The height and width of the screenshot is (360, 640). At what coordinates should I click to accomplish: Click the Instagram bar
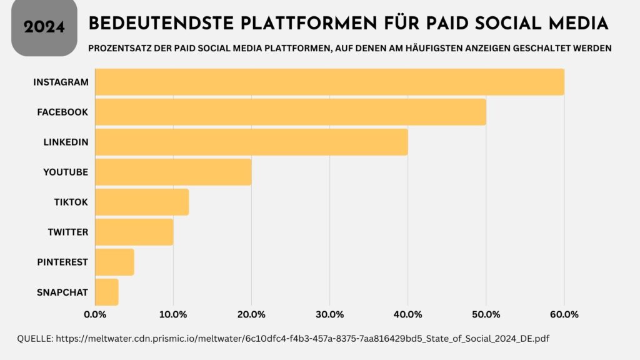click(x=329, y=82)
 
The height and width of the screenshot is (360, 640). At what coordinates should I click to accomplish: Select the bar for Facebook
click(x=291, y=112)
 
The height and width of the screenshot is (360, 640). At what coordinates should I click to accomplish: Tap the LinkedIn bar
click(x=251, y=142)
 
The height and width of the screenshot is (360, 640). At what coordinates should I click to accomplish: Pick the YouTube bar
click(x=173, y=172)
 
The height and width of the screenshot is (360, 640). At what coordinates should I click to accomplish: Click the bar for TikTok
click(x=142, y=202)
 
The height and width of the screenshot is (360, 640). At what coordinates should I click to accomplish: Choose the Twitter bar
click(x=134, y=232)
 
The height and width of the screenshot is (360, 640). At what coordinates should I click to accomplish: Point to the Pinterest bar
click(x=114, y=262)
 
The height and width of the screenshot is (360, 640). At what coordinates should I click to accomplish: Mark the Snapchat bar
click(x=107, y=292)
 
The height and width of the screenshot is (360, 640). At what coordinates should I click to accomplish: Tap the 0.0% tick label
click(x=95, y=313)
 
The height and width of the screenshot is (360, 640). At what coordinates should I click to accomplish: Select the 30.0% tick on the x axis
click(x=329, y=313)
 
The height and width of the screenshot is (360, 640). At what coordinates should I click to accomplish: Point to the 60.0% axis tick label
click(x=564, y=313)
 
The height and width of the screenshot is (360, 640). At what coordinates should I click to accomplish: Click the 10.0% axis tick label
click(x=173, y=313)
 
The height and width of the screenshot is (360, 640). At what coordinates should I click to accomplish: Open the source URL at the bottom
click(x=302, y=338)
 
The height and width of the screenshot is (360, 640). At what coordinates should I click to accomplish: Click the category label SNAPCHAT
click(x=62, y=292)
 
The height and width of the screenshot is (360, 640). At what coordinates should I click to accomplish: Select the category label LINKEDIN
click(x=66, y=142)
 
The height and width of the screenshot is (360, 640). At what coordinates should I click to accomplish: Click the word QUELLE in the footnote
click(x=34, y=338)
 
